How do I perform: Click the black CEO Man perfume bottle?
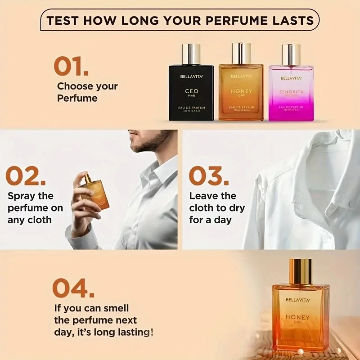tap(191, 92)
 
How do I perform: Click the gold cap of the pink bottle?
tap(291, 54)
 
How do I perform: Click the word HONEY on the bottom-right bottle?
tap(297, 317)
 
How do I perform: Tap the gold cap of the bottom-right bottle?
tap(300, 271)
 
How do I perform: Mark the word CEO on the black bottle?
tap(192, 91)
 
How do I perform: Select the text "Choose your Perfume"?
tap(87, 92)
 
